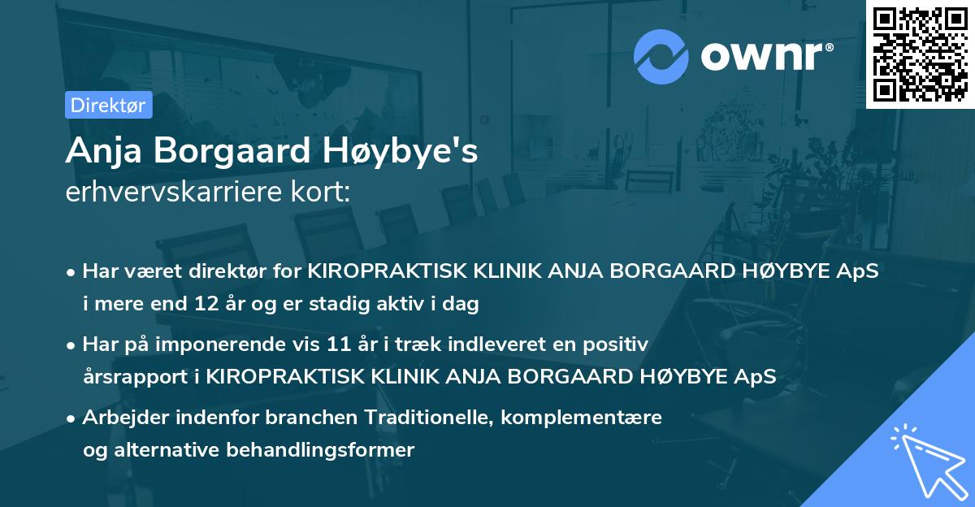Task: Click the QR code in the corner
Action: point(921,54)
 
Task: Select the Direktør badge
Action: point(108,105)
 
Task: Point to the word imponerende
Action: point(249,344)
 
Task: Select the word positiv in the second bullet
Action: point(619,344)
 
